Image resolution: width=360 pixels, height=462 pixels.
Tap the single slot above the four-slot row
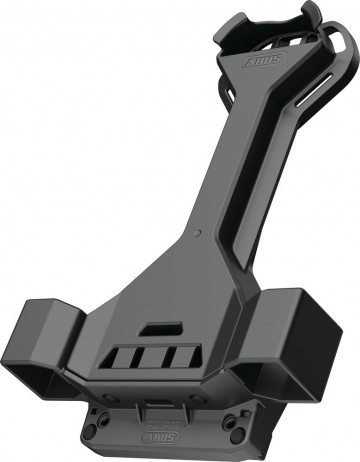click(154, 327)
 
